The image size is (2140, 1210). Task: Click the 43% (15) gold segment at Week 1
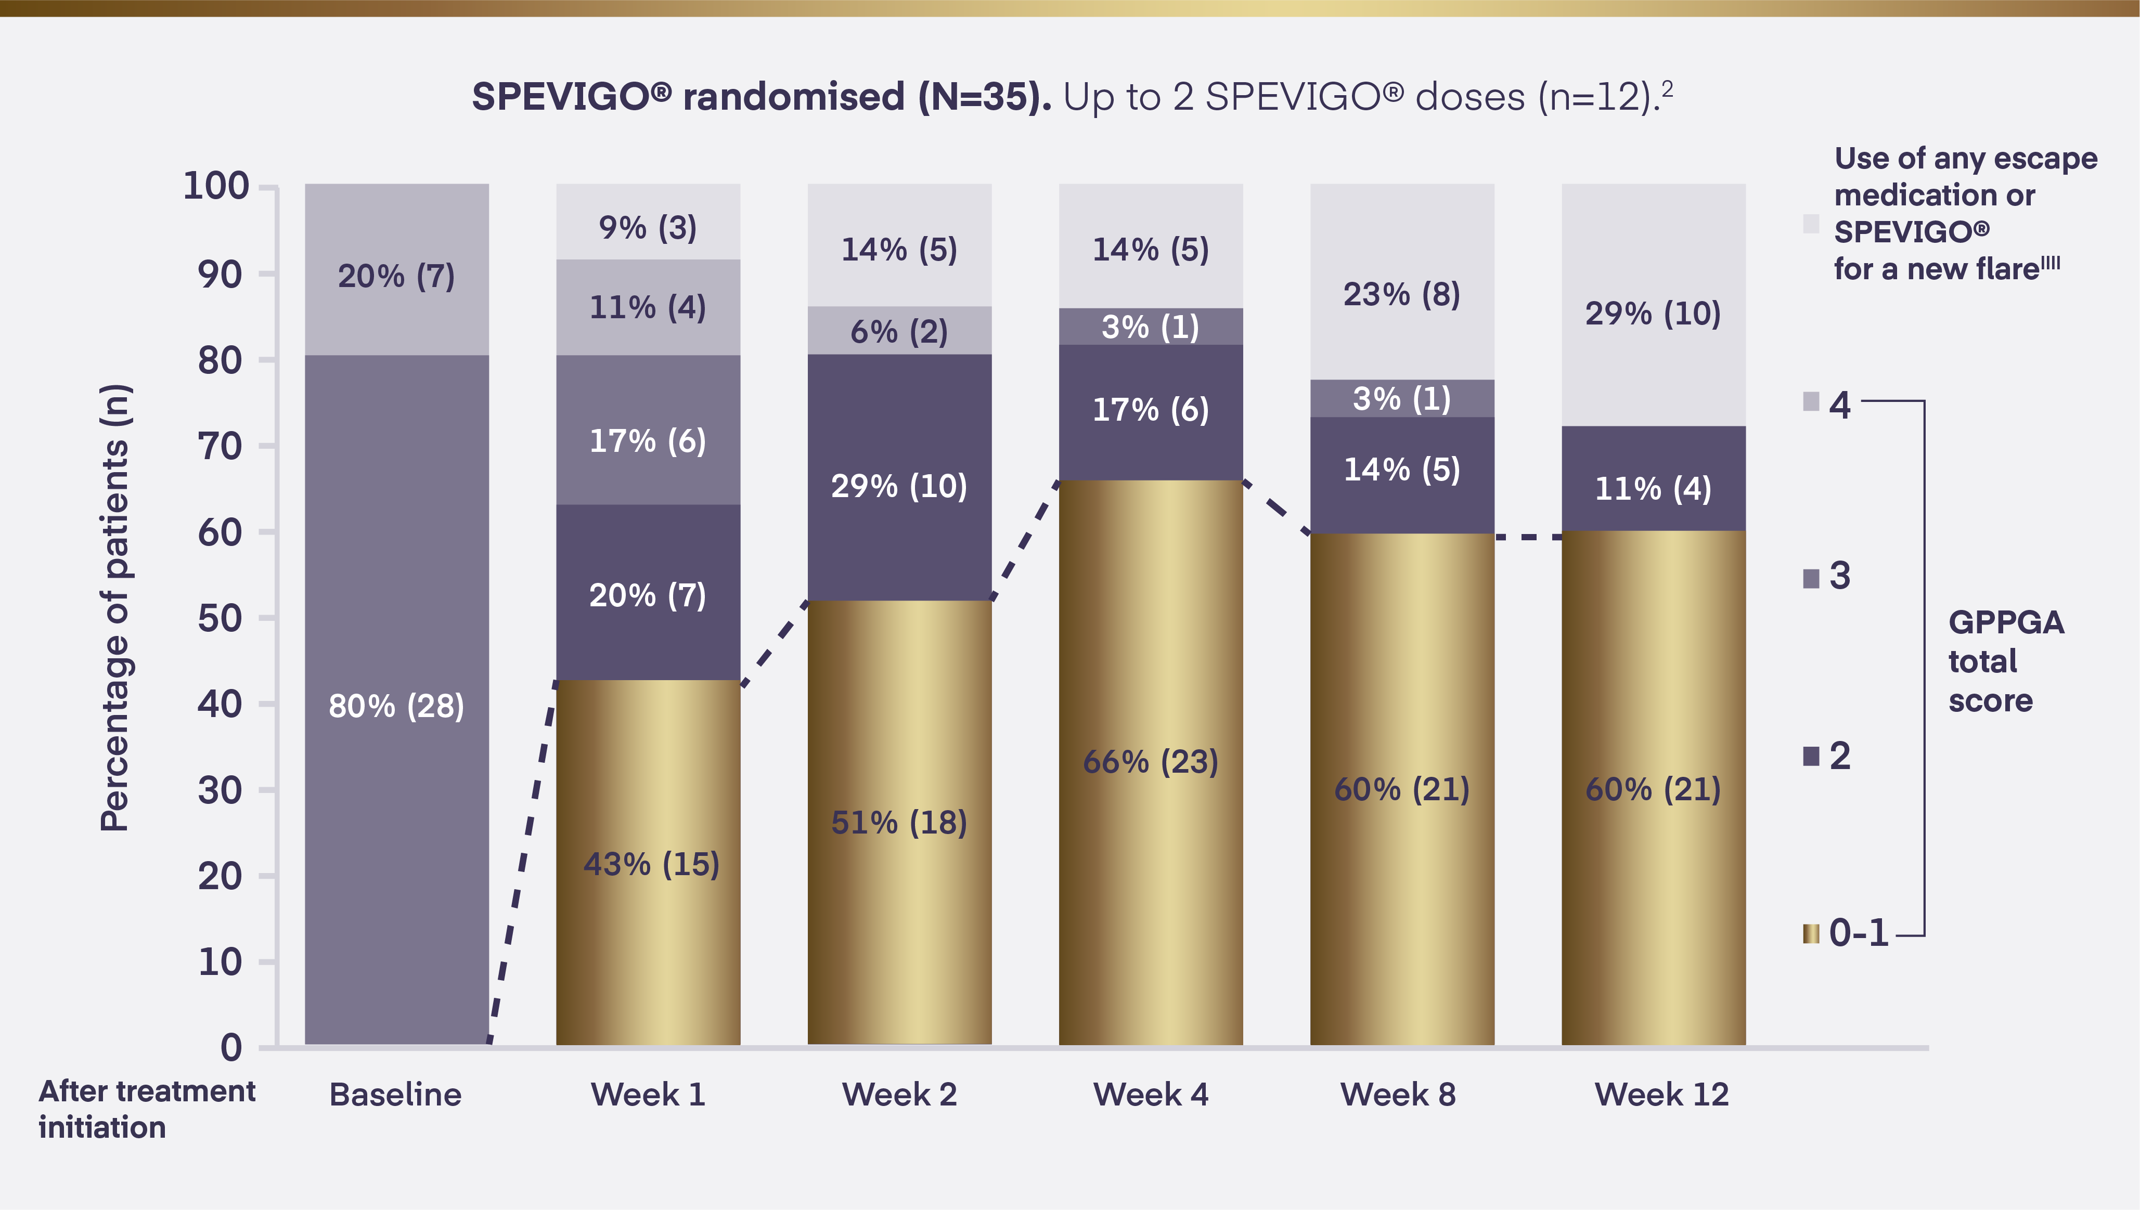648,863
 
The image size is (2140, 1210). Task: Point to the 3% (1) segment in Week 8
1402,399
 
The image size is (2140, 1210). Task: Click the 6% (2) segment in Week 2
899,331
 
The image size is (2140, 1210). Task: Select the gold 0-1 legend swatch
1811,934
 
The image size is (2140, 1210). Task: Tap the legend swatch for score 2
1811,756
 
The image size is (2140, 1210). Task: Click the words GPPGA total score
2005,661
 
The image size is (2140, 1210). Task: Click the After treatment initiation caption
146,1109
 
